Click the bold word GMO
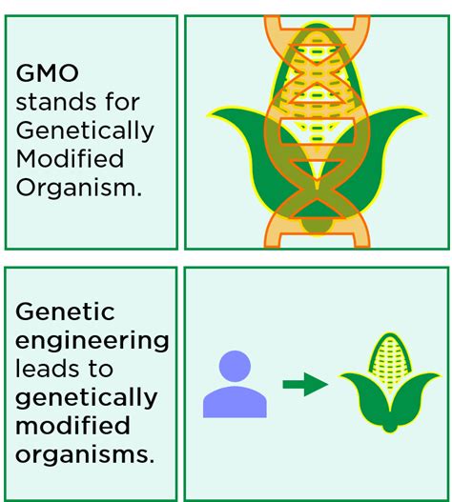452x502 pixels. [47, 73]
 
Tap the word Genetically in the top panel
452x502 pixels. [85, 131]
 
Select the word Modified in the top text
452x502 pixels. [70, 158]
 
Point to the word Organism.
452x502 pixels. [78, 188]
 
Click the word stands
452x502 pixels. [55, 102]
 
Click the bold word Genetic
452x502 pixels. [65, 311]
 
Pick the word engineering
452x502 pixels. [92, 342]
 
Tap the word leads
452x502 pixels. [47, 369]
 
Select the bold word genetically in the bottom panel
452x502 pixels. [86, 398]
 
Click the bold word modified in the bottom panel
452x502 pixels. [72, 426]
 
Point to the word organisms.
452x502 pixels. [85, 454]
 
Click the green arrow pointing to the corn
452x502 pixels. [305, 384]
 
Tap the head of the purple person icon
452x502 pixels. [235, 366]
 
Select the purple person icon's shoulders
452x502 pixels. [235, 402]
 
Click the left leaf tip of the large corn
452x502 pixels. [209, 114]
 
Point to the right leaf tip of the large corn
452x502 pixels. [424, 114]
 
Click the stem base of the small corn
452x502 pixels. [390, 427]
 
